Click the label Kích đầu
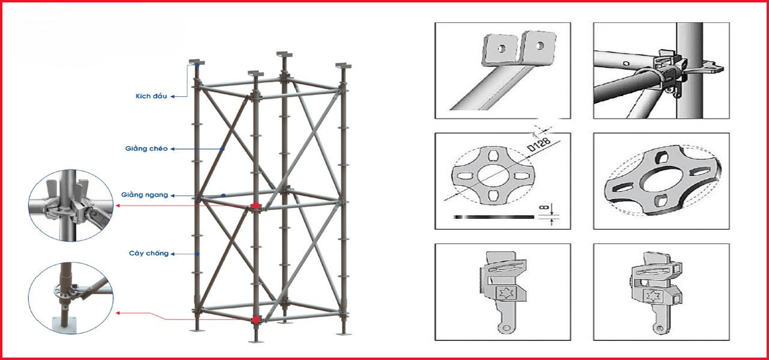pyautogui.click(x=151, y=96)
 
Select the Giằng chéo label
pyautogui.click(x=147, y=148)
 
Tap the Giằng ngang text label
pyautogui.click(x=145, y=195)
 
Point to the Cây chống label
pyautogui.click(x=148, y=254)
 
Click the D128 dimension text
pyautogui.click(x=540, y=144)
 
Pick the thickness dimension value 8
pyautogui.click(x=543, y=207)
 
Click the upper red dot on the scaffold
pyautogui.click(x=256, y=206)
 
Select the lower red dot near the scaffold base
pyautogui.click(x=256, y=320)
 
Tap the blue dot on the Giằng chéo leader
pyautogui.click(x=222, y=148)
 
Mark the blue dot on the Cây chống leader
pyautogui.click(x=197, y=254)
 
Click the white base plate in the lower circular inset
pyautogui.click(x=65, y=325)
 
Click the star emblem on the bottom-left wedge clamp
pyautogui.click(x=505, y=294)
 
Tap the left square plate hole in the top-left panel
pyautogui.click(x=502, y=49)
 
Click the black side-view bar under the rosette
pyautogui.click(x=494, y=217)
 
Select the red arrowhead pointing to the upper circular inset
pyautogui.click(x=117, y=206)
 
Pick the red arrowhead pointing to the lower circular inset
pyautogui.click(x=117, y=313)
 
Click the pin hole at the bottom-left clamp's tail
pyautogui.click(x=506, y=328)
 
